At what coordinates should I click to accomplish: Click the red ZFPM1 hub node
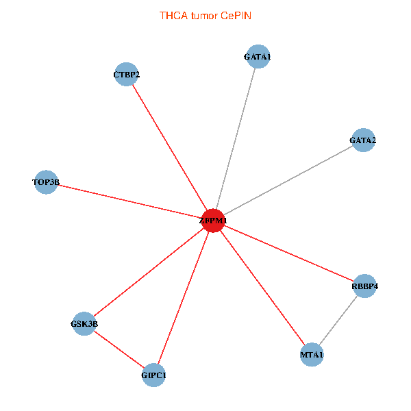(x=214, y=221)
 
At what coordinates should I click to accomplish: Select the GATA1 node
(x=257, y=58)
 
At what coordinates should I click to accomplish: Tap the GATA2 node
(x=362, y=140)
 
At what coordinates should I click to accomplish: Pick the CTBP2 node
(x=127, y=74)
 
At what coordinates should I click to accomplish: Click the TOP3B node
(x=46, y=182)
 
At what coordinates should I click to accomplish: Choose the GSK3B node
(x=84, y=323)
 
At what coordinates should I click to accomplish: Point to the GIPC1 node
(x=153, y=375)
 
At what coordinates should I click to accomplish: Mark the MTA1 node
(x=312, y=355)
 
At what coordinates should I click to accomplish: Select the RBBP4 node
(x=365, y=286)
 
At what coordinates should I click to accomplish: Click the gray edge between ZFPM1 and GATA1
(x=236, y=139)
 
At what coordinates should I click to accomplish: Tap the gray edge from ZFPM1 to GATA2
(x=288, y=181)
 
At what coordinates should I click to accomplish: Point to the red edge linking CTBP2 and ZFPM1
(x=170, y=147)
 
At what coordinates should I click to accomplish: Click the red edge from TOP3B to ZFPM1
(x=130, y=201)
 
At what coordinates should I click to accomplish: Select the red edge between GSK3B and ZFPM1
(x=149, y=272)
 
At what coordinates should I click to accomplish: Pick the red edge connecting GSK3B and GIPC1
(x=119, y=349)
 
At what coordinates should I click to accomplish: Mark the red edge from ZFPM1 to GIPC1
(x=184, y=298)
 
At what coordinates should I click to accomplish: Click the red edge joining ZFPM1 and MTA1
(x=262, y=288)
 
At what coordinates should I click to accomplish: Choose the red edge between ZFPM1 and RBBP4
(x=289, y=253)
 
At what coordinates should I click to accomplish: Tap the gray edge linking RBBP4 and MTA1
(x=338, y=321)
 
